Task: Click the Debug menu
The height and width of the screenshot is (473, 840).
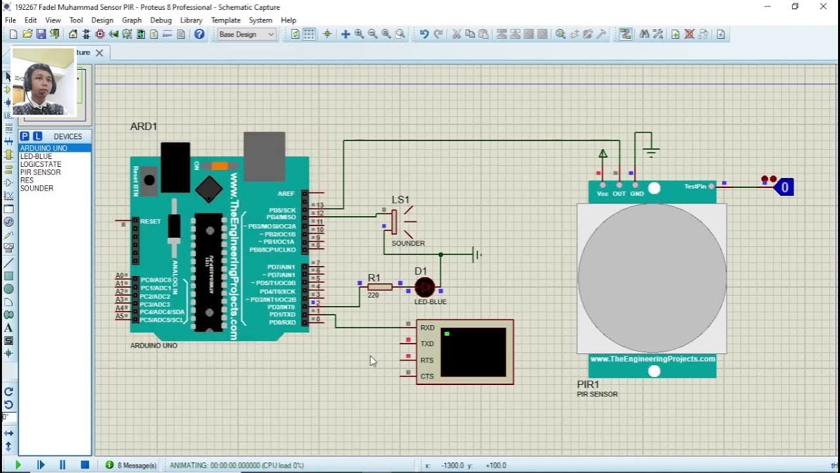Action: pos(161,20)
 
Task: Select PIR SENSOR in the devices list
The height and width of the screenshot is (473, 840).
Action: pos(40,172)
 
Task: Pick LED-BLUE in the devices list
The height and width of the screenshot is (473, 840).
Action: pos(36,156)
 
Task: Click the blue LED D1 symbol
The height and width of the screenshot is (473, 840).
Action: pos(425,287)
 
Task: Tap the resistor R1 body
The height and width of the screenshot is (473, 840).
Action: pos(380,287)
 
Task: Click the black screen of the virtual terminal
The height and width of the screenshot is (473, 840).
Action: pos(473,352)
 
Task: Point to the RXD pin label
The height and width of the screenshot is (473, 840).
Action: pos(427,328)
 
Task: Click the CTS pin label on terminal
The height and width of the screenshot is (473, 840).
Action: pos(427,376)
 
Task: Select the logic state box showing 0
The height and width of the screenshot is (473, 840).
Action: pos(784,188)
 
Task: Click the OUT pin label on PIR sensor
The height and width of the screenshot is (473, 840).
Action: pos(619,194)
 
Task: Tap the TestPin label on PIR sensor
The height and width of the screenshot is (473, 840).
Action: pos(695,187)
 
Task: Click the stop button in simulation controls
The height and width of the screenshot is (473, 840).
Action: pos(85,465)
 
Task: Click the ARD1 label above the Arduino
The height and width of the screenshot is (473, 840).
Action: pos(144,126)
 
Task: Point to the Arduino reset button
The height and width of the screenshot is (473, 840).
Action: pos(150,179)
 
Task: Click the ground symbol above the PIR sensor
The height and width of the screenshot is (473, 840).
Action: pos(651,152)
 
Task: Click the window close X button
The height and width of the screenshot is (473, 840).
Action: pos(824,7)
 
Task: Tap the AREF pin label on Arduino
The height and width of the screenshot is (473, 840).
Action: pos(286,194)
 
